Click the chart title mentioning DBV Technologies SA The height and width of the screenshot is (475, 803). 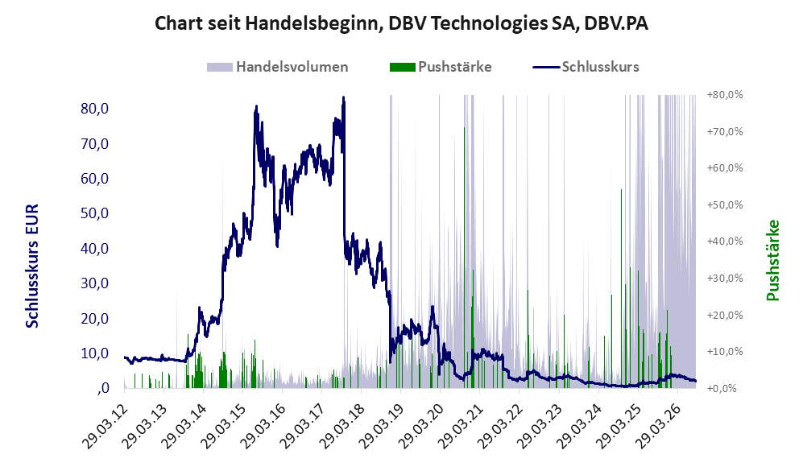[x=401, y=23]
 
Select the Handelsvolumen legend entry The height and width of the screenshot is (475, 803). [x=277, y=67]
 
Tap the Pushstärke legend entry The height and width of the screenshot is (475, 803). [x=441, y=67]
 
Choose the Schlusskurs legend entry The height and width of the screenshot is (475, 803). [x=586, y=67]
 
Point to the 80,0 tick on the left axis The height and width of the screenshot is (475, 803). [x=95, y=109]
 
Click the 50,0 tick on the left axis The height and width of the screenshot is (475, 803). [x=95, y=213]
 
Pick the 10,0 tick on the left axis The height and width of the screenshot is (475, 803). [x=95, y=353]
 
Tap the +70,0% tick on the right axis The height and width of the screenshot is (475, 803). [x=725, y=131]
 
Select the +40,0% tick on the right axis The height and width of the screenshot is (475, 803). [x=725, y=241]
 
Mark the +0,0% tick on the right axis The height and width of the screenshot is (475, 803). [x=722, y=389]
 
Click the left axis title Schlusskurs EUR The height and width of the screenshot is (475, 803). [x=32, y=266]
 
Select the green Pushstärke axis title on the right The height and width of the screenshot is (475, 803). [x=772, y=261]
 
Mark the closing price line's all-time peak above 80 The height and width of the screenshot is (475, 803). [x=344, y=97]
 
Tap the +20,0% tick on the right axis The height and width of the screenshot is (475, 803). [x=725, y=315]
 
